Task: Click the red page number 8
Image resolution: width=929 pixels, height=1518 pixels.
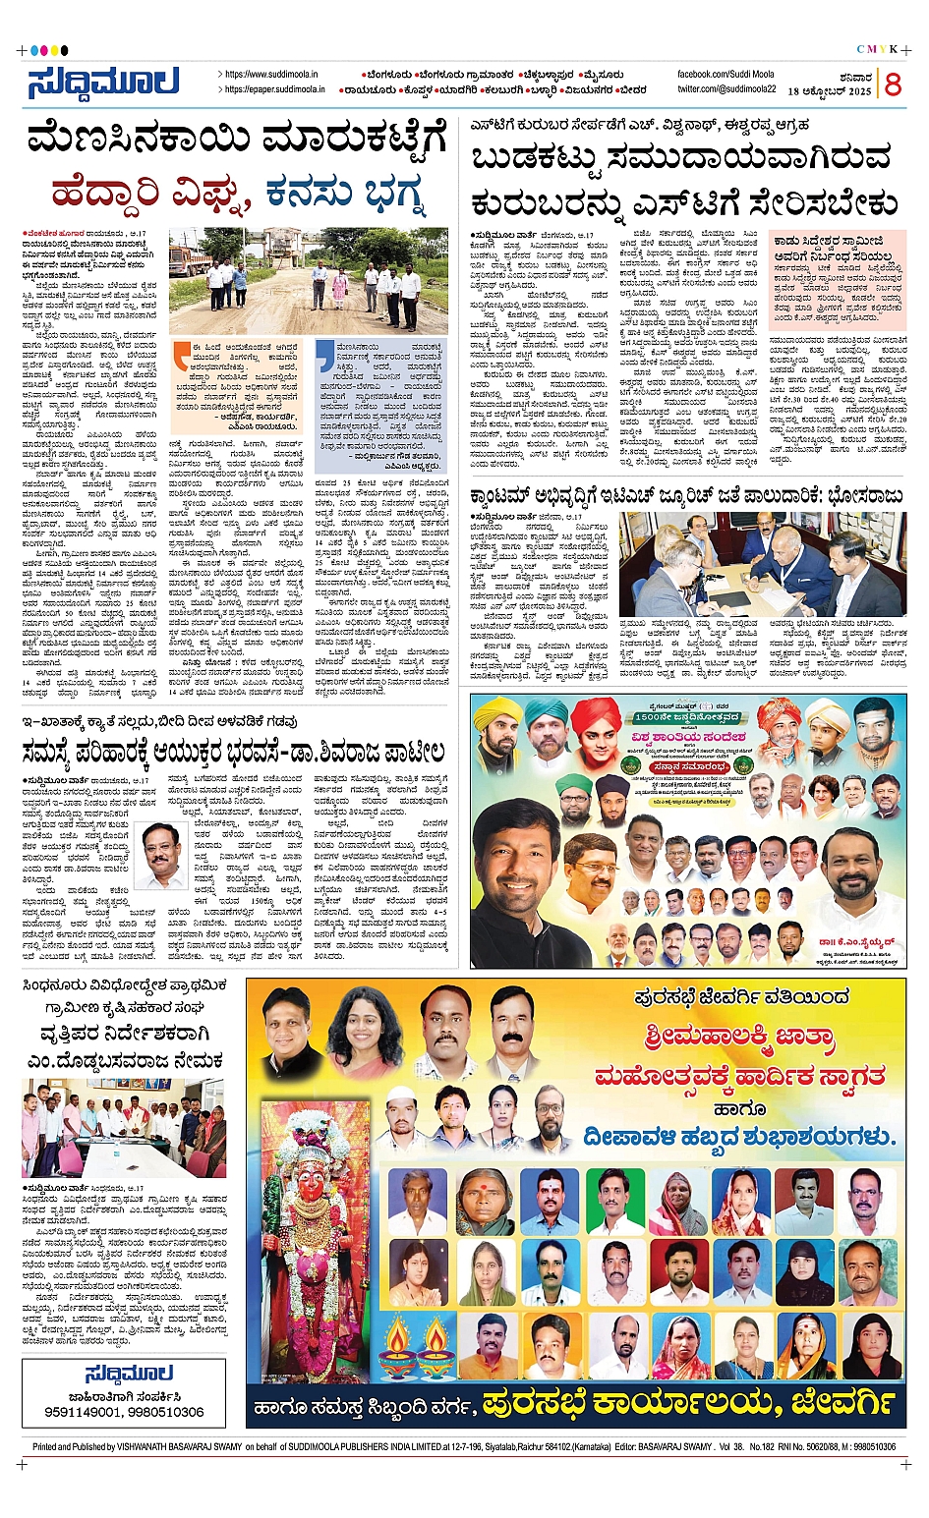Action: click(892, 84)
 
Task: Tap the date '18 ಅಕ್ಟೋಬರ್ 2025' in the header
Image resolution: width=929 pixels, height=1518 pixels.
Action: click(829, 91)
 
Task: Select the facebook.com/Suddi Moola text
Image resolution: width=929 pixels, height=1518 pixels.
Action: click(726, 75)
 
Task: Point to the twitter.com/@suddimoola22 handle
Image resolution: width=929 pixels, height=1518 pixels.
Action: click(726, 88)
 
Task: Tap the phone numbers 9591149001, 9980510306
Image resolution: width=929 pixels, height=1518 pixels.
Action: click(124, 1412)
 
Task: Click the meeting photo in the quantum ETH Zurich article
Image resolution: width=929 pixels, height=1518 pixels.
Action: click(762, 564)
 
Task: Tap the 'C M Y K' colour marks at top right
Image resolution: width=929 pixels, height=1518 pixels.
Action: click(877, 50)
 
